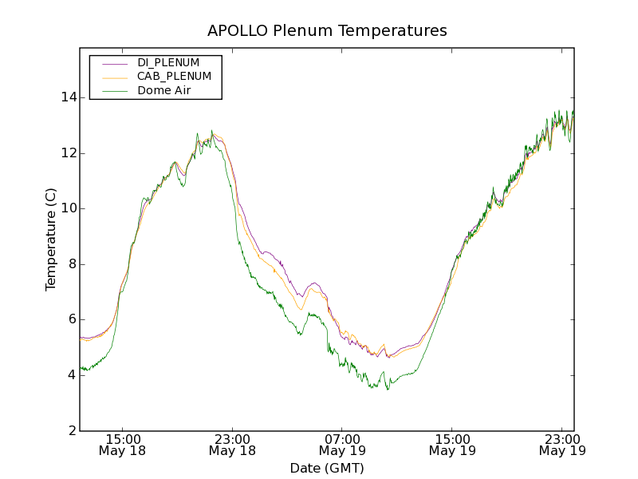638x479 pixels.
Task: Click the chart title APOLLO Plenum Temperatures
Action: click(327, 31)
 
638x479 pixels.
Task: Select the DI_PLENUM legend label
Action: click(168, 62)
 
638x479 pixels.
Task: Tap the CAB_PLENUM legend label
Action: click(174, 77)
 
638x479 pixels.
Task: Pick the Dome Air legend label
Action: click(163, 91)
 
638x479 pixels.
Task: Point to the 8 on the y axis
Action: click(70, 264)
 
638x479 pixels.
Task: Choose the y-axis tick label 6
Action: click(70, 319)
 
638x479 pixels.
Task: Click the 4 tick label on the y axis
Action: click(70, 375)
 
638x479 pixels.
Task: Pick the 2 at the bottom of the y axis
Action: click(70, 431)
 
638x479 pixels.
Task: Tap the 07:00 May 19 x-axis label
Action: click(342, 445)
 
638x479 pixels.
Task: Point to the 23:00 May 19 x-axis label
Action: click(562, 445)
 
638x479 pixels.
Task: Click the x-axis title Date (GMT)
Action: click(327, 468)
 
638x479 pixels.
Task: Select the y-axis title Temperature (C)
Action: click(51, 239)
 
